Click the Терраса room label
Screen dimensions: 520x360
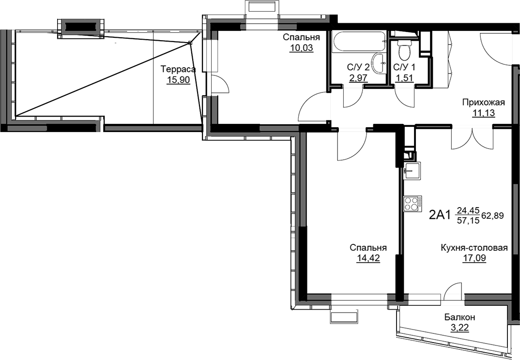[178, 70]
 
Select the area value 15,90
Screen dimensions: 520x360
[179, 80]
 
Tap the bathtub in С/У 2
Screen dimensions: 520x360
[359, 42]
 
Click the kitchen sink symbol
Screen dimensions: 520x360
[412, 171]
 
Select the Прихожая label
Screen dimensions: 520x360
[484, 103]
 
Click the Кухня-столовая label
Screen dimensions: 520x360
[474, 248]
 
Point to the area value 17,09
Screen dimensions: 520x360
[474, 258]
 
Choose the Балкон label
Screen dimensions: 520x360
[459, 317]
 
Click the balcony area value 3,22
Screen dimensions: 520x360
[459, 328]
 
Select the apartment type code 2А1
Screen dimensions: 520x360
[440, 215]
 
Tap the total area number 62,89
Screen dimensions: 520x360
[493, 216]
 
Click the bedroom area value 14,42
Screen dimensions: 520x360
[368, 258]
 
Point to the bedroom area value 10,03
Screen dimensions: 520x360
[302, 48]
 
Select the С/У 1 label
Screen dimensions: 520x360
[404, 67]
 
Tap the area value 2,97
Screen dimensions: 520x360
[358, 78]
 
